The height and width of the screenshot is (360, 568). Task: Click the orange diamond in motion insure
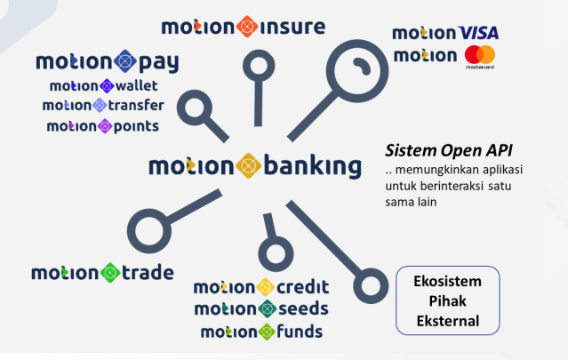[x=247, y=27]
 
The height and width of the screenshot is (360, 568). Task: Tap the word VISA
[x=478, y=33]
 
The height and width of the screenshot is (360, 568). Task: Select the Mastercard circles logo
[x=480, y=55]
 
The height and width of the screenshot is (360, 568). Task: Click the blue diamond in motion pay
[x=125, y=61]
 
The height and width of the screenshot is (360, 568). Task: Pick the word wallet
[x=136, y=86]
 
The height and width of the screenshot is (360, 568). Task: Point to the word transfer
[x=136, y=106]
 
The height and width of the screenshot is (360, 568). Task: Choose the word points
[x=136, y=126]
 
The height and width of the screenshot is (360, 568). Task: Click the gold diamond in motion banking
[x=249, y=166]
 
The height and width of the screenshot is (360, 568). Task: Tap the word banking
[x=313, y=166]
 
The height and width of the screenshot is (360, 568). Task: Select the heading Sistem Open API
[x=449, y=150]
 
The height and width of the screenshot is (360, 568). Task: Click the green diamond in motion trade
[x=110, y=273]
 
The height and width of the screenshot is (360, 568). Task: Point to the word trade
[x=148, y=273]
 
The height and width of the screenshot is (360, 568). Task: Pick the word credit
[x=303, y=287]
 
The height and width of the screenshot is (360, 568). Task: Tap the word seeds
[x=303, y=308]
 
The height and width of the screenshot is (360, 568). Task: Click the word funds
[x=300, y=332]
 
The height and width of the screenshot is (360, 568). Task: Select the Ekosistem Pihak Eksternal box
[x=448, y=300]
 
